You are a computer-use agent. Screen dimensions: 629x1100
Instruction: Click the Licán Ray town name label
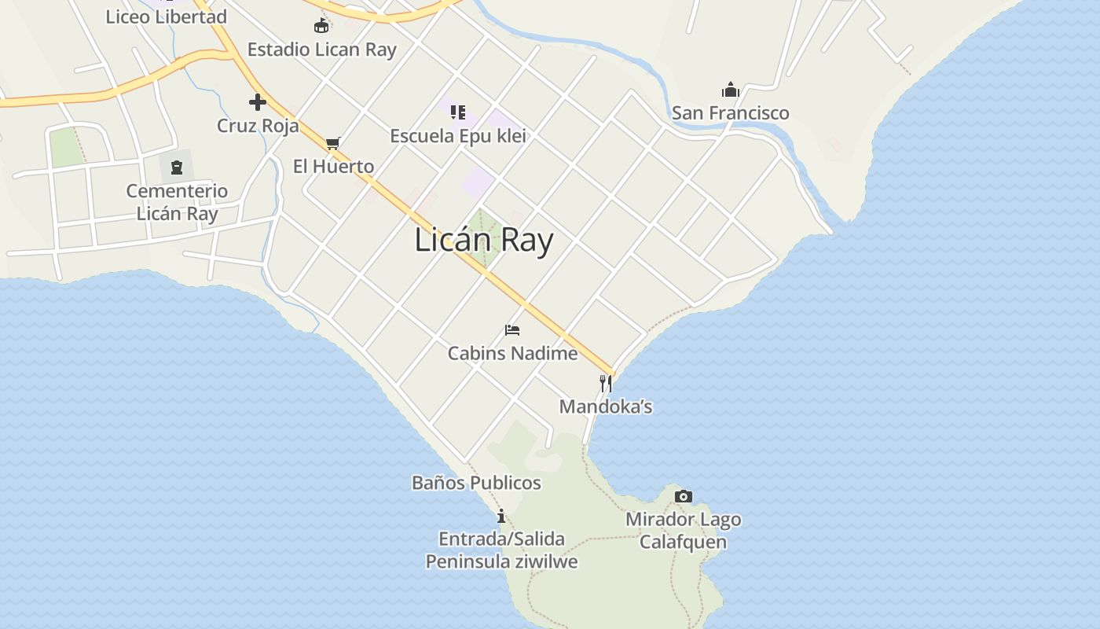(x=483, y=241)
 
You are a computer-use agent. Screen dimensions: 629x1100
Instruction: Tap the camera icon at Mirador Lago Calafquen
(x=684, y=496)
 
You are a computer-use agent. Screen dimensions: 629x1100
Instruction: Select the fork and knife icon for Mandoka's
(x=605, y=384)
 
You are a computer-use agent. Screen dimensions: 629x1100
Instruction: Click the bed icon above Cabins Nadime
(x=512, y=330)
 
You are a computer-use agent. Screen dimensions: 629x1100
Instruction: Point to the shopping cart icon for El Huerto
(x=333, y=143)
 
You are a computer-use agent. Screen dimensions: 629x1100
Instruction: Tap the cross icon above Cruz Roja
(x=258, y=102)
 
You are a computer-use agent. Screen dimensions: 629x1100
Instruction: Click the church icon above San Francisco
(x=731, y=90)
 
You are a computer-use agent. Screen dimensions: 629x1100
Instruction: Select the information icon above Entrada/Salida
(x=501, y=516)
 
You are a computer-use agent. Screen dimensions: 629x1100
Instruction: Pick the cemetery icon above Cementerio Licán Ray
(x=177, y=167)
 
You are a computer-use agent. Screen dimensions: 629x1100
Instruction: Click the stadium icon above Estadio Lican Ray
(x=321, y=26)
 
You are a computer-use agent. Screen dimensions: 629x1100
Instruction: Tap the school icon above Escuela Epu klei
(x=458, y=112)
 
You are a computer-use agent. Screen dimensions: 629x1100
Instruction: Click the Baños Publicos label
(x=476, y=483)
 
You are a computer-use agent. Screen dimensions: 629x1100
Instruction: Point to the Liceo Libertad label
(x=166, y=17)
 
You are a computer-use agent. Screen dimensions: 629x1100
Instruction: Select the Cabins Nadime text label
(x=512, y=354)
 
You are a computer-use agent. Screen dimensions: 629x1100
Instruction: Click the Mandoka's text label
(x=605, y=407)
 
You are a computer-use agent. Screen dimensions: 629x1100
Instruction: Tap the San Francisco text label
(x=730, y=113)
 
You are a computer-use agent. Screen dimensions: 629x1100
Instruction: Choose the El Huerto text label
(x=333, y=167)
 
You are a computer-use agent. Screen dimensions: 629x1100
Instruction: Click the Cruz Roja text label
(x=258, y=126)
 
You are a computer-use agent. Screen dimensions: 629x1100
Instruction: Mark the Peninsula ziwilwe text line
(x=501, y=561)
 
